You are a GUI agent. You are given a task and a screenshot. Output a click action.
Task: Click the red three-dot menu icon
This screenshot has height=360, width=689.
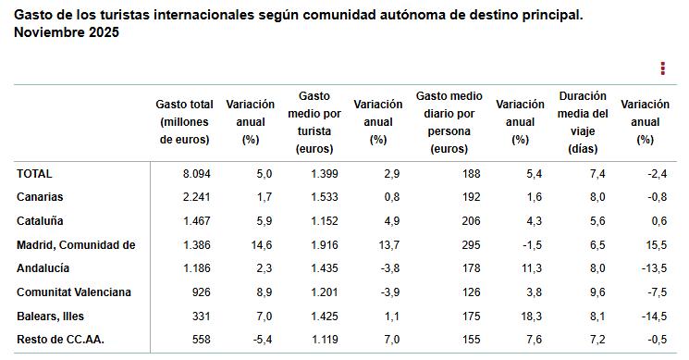coord(662,68)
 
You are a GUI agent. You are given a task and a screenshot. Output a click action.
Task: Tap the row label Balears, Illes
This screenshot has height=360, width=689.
coord(50,317)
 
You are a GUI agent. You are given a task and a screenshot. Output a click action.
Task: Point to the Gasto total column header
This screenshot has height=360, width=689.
coord(185,122)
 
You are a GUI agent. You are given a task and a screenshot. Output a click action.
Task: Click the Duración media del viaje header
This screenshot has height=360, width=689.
coord(583,122)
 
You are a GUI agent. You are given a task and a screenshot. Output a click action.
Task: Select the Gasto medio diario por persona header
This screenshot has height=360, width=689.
coord(449,122)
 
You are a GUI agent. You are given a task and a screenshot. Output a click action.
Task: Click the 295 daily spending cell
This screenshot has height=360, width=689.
coord(473,244)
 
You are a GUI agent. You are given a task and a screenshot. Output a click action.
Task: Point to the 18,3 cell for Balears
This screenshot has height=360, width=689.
coord(531,317)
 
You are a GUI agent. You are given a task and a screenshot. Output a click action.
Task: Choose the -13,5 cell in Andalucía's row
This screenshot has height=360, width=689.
coord(653,268)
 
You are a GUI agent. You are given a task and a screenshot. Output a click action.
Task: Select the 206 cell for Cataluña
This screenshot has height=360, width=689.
coord(473,221)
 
